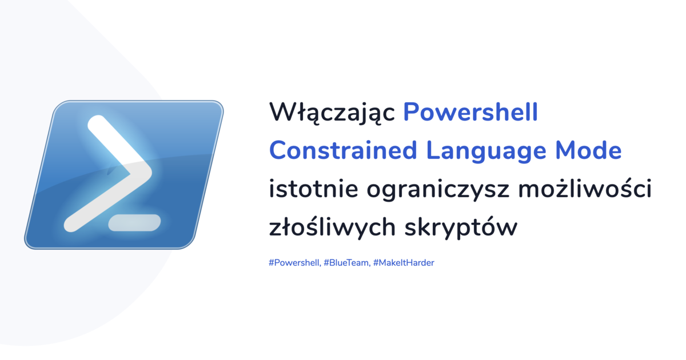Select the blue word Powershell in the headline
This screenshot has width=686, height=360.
point(470,113)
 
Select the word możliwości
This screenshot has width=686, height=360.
point(585,189)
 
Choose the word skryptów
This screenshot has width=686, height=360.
point(461,228)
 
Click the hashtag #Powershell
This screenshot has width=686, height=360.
point(293,263)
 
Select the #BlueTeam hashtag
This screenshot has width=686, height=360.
point(345,263)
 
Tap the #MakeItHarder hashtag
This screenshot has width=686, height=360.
point(404,263)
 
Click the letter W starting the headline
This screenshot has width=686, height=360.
point(282,113)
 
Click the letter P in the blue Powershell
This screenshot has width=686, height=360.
point(411,113)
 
